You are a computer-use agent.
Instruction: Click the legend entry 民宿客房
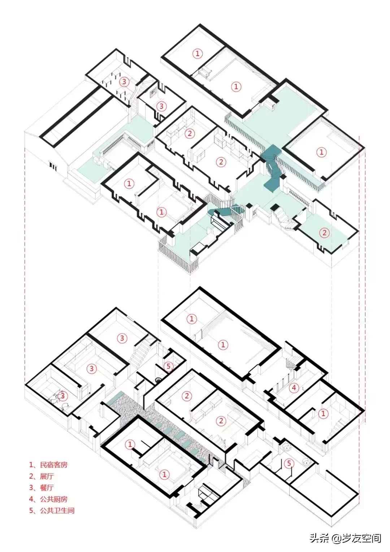[x=54, y=465]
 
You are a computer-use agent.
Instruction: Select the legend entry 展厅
[x=47, y=476]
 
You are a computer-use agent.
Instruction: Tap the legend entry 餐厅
[x=47, y=488]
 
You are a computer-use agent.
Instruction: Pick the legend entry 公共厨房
[x=54, y=499]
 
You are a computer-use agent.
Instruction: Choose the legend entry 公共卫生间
[x=57, y=510]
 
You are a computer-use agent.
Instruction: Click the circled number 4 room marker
[x=294, y=388]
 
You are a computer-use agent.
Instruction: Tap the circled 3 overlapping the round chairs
[x=62, y=396]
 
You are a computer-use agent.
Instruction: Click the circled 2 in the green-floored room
[x=324, y=232]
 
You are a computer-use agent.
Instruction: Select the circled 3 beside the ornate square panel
[x=161, y=106]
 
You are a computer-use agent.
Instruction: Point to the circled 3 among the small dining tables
[x=124, y=81]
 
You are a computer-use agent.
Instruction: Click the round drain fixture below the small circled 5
[x=158, y=380]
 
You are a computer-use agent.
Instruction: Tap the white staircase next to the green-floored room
[x=283, y=219]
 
